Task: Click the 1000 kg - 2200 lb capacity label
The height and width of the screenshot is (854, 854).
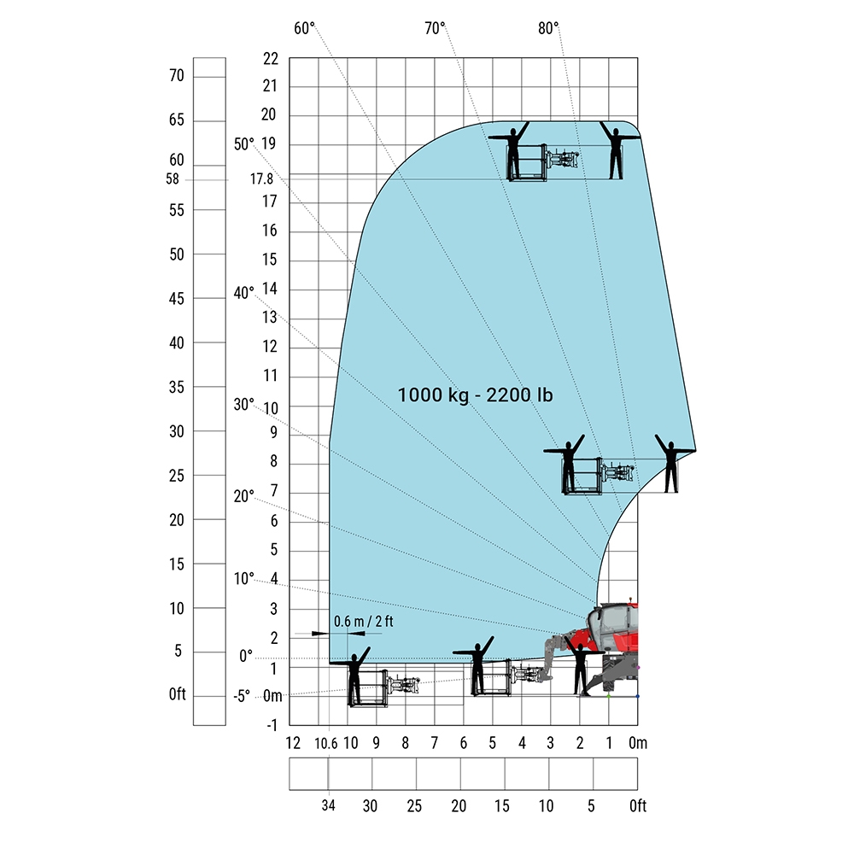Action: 475,395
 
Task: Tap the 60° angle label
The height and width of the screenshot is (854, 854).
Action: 305,28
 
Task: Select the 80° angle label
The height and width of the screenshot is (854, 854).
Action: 548,28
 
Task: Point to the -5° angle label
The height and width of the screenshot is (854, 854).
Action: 242,696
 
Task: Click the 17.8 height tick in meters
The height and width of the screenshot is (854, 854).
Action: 261,178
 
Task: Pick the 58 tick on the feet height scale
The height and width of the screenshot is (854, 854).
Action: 173,178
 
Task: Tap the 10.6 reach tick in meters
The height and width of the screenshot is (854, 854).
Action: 325,744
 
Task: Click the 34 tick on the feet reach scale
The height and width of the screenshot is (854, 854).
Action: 328,805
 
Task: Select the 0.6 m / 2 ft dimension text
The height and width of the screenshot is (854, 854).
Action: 363,622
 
